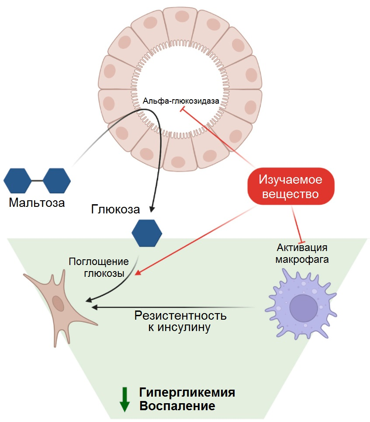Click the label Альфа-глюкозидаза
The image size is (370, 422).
(181, 101)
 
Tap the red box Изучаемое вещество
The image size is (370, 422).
(290, 186)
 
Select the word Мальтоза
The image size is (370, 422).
(37, 202)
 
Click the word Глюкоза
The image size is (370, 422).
(115, 209)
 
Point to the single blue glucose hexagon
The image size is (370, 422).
(147, 233)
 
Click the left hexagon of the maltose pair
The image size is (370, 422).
(17, 181)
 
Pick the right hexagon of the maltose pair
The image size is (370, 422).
(57, 181)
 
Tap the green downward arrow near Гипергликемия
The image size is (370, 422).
(124, 399)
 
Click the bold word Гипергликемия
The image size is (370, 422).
(187, 392)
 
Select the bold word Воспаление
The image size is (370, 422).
(177, 406)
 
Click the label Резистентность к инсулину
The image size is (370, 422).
(180, 321)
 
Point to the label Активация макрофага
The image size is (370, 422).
(302, 253)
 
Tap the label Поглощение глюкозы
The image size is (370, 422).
(99, 267)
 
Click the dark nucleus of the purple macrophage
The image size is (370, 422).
(304, 308)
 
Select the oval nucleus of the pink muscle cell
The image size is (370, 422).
(58, 303)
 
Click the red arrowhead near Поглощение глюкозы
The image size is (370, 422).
(138, 272)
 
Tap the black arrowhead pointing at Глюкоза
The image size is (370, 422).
(152, 209)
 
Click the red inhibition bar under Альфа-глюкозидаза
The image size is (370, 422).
(183, 109)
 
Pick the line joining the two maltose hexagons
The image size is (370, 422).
(37, 181)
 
